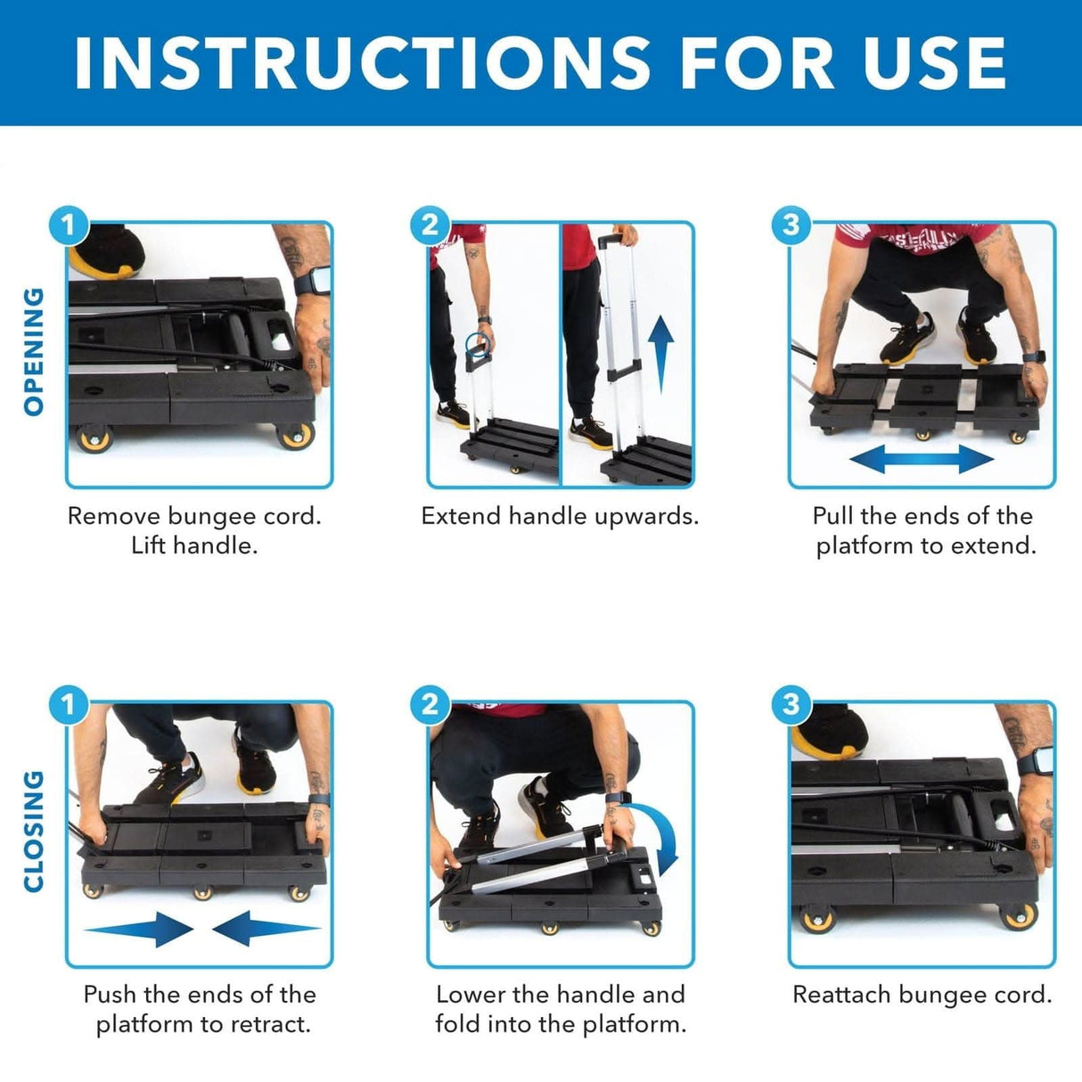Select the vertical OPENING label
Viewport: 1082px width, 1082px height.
33,351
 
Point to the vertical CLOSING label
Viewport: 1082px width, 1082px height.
33,831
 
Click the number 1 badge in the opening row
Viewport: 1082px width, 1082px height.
69,225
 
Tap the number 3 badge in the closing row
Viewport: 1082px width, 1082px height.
791,704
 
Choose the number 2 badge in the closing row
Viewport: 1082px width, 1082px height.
430,704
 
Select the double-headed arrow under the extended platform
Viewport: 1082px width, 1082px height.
921,460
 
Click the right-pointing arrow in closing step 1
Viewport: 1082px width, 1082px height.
141,929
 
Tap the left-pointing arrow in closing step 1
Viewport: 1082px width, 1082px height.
266,929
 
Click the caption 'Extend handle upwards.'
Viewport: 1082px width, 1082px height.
560,516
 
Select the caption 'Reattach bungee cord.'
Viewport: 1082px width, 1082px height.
922,995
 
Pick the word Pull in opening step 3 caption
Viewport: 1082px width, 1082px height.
833,516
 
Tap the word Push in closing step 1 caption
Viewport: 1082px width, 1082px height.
110,995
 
